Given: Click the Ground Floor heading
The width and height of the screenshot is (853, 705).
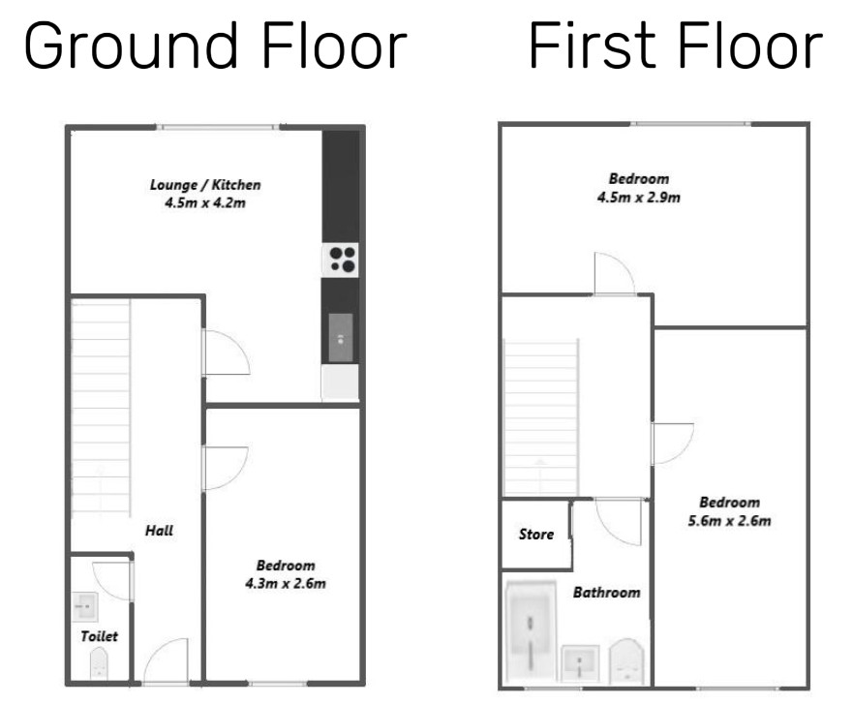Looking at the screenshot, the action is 215,46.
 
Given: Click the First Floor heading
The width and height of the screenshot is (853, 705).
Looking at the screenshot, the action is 676,46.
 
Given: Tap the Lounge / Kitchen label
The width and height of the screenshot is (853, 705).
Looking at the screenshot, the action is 205,185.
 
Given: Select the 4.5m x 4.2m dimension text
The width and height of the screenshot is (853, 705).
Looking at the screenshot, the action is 205,203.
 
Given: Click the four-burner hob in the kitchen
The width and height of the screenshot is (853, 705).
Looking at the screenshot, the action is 341,261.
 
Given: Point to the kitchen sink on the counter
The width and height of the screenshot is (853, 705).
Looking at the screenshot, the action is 341,338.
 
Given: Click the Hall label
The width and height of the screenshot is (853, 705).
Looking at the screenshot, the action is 159,531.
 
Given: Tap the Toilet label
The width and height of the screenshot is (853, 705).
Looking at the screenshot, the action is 99,636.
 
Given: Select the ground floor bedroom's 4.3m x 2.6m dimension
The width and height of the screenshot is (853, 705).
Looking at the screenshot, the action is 286,584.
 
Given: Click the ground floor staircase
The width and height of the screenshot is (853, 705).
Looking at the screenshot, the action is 101,408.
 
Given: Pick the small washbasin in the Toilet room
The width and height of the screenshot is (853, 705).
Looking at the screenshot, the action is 85,606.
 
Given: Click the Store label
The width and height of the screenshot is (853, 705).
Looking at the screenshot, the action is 536,535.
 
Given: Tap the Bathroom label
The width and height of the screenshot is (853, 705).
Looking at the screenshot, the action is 606,593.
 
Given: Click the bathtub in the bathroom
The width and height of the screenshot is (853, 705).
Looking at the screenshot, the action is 531,632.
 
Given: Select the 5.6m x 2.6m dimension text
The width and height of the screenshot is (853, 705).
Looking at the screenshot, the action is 729,521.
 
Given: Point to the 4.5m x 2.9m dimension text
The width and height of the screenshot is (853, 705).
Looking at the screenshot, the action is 639,197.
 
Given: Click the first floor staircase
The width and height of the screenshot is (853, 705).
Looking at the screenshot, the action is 540,416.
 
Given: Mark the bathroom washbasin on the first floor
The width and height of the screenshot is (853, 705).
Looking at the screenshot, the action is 580,663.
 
